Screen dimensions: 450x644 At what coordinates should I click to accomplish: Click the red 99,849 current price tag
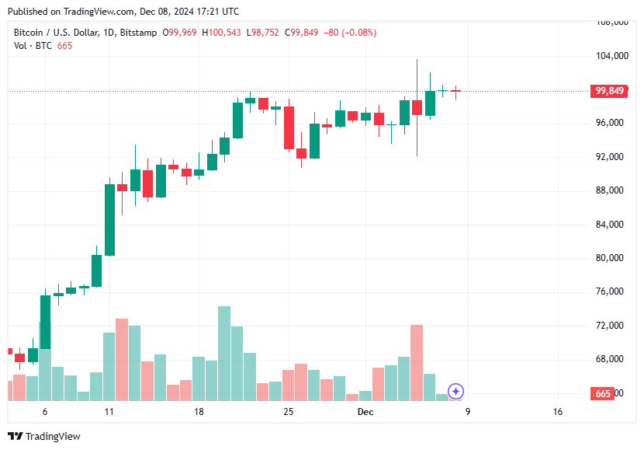tap(610, 91)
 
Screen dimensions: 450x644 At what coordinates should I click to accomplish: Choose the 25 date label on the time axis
tap(289, 412)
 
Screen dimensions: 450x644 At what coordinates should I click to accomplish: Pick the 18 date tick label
tap(199, 412)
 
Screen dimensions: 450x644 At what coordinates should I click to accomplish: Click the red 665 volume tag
tap(604, 393)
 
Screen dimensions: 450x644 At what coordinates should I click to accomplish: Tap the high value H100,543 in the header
tap(221, 32)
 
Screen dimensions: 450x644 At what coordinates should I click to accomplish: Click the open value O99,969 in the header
tap(179, 32)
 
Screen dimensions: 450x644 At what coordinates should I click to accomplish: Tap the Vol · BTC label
tap(32, 46)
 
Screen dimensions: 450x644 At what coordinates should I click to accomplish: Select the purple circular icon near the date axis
tap(456, 392)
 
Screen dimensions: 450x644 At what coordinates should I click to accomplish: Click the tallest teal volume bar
tap(224, 354)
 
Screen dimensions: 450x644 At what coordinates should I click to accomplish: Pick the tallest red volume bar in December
tap(417, 362)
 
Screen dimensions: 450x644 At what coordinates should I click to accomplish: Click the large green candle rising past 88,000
tap(110, 219)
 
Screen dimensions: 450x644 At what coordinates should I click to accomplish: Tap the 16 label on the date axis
tap(557, 412)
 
